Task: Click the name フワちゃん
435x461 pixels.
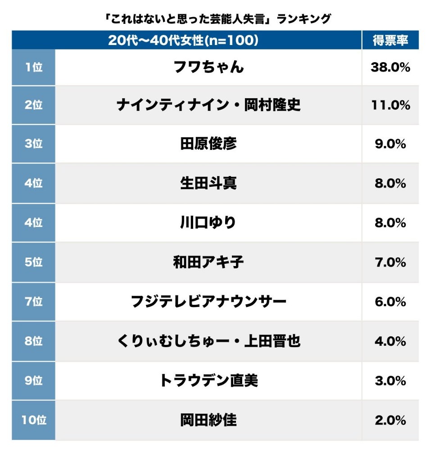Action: click(x=208, y=67)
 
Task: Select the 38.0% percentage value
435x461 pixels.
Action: click(x=390, y=67)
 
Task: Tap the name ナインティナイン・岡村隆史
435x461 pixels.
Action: click(x=208, y=105)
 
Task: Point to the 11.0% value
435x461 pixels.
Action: click(x=390, y=105)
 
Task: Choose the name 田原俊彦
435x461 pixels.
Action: click(x=208, y=144)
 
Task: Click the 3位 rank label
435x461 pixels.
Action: click(x=33, y=144)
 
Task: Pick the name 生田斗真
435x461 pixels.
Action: click(x=208, y=184)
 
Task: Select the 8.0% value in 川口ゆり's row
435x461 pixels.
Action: click(x=390, y=223)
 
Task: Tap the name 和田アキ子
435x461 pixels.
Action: click(x=208, y=262)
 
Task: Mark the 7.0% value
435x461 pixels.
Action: click(x=390, y=262)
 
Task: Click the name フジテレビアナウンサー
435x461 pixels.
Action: click(x=208, y=301)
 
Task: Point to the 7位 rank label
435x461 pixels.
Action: click(x=33, y=301)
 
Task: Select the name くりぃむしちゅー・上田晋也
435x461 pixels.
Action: click(x=208, y=341)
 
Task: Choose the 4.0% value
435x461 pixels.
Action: click(x=390, y=341)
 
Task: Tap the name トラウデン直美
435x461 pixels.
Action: click(x=208, y=380)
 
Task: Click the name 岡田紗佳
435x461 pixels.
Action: click(x=208, y=420)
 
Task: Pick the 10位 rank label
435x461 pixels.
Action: click(x=33, y=420)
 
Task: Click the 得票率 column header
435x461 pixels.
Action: click(x=390, y=40)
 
